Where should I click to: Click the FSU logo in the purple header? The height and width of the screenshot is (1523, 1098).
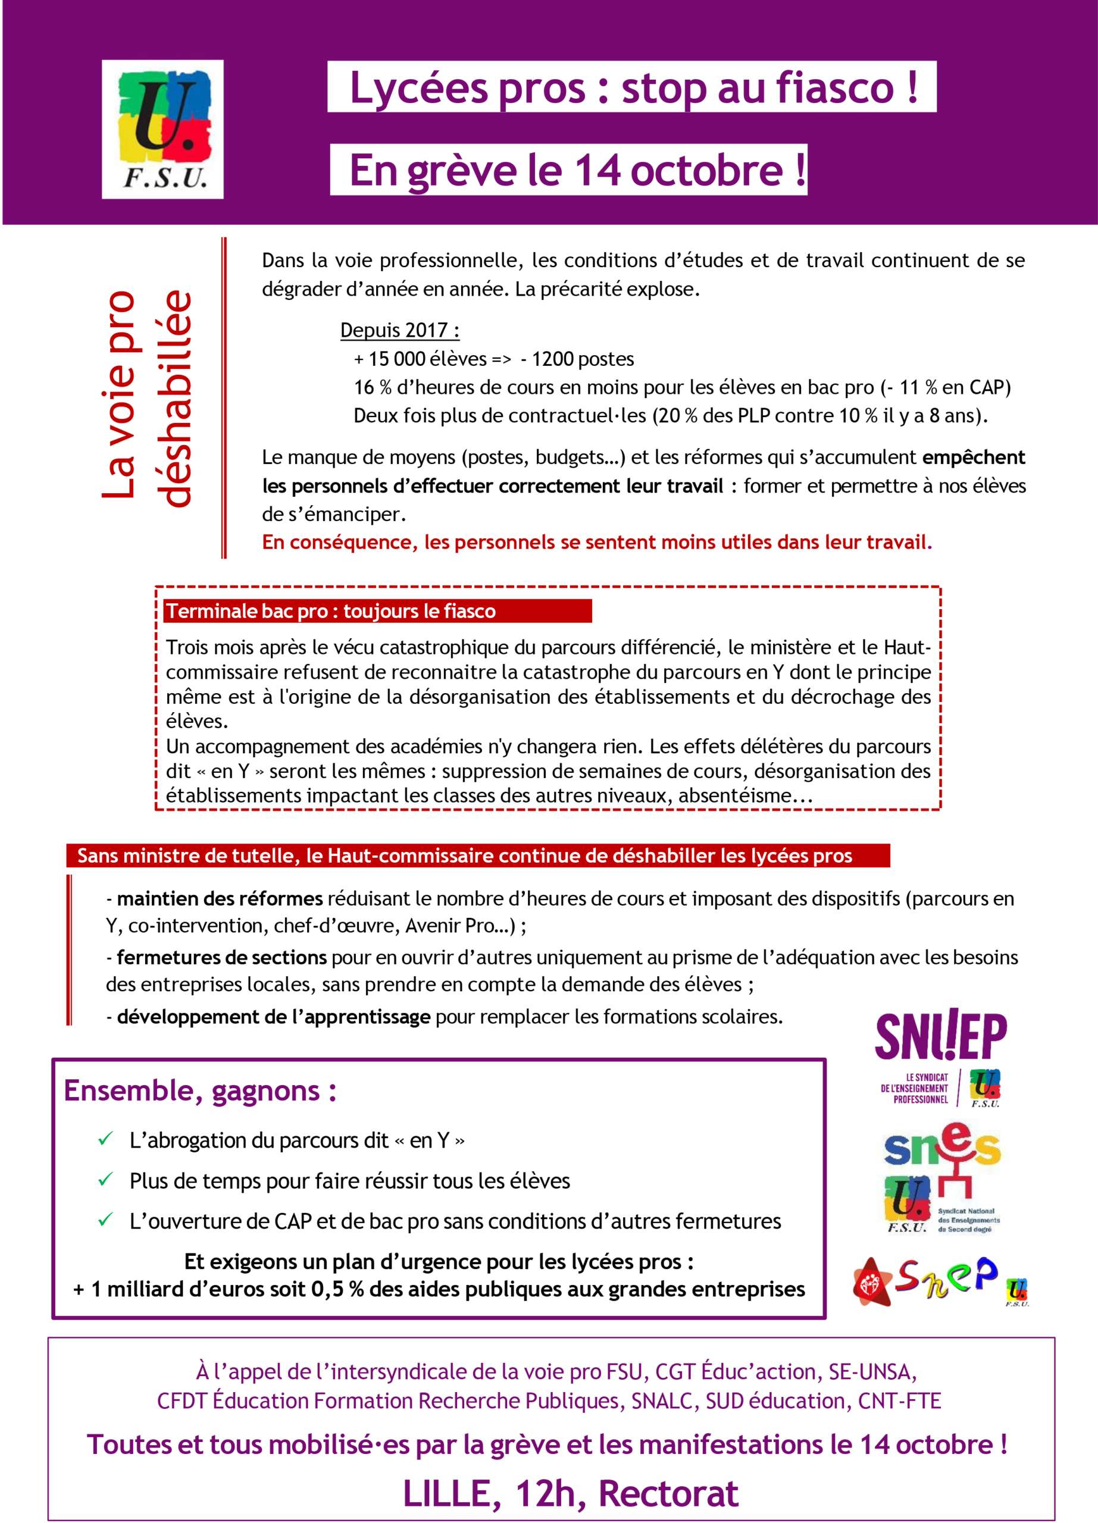point(162,129)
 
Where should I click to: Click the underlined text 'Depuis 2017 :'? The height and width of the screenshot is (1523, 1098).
point(399,330)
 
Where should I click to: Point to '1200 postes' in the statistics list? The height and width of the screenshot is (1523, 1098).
point(582,359)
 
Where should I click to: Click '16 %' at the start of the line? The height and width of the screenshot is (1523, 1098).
point(373,387)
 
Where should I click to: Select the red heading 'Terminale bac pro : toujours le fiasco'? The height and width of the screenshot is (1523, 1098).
point(331,611)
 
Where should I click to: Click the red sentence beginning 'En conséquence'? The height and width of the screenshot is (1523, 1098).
point(596,542)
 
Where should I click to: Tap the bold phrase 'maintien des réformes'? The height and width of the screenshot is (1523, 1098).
point(220,898)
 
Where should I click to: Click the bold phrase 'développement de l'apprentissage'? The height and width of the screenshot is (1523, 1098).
point(273,1017)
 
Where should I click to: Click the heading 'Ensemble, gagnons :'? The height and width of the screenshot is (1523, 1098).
point(200,1090)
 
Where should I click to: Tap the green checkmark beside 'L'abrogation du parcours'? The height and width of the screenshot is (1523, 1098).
point(105,1139)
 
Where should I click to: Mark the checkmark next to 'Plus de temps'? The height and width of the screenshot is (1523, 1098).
point(105,1180)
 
